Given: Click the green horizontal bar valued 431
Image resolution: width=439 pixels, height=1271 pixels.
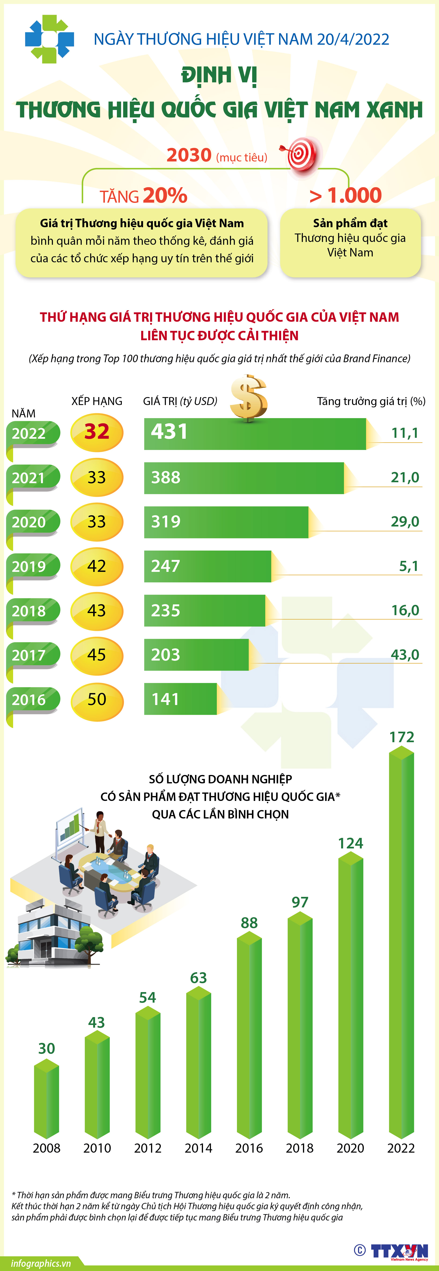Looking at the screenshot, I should coord(255,434).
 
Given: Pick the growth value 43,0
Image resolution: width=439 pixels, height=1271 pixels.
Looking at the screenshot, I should coord(405,655).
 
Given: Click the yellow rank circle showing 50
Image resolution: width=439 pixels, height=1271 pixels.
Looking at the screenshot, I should coord(97,700).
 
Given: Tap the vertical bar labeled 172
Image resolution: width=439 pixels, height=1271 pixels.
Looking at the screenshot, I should coord(401,942).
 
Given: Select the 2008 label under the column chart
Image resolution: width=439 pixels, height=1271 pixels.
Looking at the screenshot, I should coord(46,1148).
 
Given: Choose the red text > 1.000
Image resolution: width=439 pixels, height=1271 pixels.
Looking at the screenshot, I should coord(346,195).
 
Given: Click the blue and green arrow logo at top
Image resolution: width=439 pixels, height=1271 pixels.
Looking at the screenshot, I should coord(49,39).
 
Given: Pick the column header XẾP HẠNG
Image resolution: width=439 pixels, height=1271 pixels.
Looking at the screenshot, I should coord(97,401).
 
